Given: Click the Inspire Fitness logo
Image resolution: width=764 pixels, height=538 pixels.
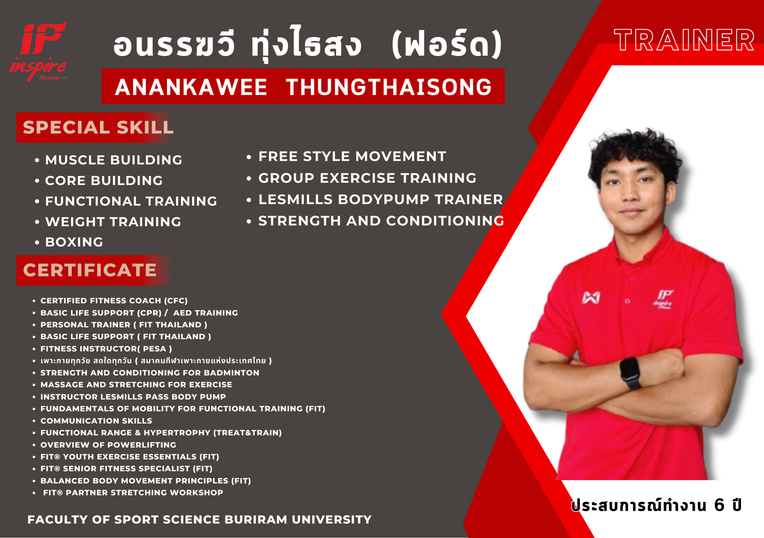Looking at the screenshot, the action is [x=38, y=52].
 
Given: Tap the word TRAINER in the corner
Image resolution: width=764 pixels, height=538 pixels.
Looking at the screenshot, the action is [x=684, y=40].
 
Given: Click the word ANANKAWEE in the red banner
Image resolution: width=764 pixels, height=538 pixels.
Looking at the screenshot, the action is [x=191, y=87].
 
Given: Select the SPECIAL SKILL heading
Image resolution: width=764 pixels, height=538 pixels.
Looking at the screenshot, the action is [x=98, y=128].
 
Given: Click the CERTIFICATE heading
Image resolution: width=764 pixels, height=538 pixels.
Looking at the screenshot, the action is [x=90, y=270].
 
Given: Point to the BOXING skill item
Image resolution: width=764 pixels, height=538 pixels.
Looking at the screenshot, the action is [x=74, y=242].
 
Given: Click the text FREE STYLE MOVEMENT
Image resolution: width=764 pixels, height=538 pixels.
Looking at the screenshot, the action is [x=352, y=156].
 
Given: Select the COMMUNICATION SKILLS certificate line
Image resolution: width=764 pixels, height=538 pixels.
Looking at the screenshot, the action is [x=96, y=421].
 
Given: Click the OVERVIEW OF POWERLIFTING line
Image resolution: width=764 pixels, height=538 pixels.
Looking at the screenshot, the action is [x=108, y=445].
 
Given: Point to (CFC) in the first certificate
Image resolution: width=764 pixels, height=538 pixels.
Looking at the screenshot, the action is [x=176, y=301].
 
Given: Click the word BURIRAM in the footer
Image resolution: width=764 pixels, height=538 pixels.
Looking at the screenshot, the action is [x=256, y=520].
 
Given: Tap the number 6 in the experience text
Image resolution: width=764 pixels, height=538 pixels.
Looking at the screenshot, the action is [x=719, y=505].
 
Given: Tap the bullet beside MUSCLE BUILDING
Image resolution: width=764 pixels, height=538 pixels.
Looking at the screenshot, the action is [x=37, y=160].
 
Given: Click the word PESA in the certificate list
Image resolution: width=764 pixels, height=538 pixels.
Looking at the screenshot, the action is [x=155, y=349].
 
